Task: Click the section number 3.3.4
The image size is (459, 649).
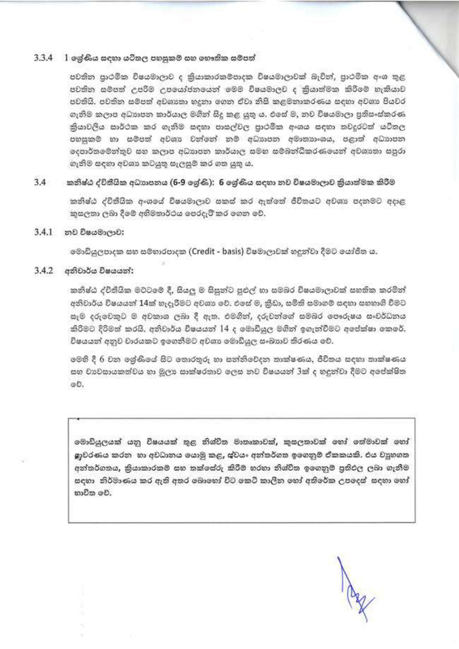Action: pos(43,58)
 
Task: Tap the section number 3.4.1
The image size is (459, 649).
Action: pos(43,232)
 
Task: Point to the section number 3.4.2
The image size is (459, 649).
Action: pos(43,271)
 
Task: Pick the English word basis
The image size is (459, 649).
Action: pos(231,252)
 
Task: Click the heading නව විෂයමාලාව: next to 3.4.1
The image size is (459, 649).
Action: pos(94,232)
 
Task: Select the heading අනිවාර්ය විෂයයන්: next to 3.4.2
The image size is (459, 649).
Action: pos(99,271)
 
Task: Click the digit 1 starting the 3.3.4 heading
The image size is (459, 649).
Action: pos(67,58)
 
